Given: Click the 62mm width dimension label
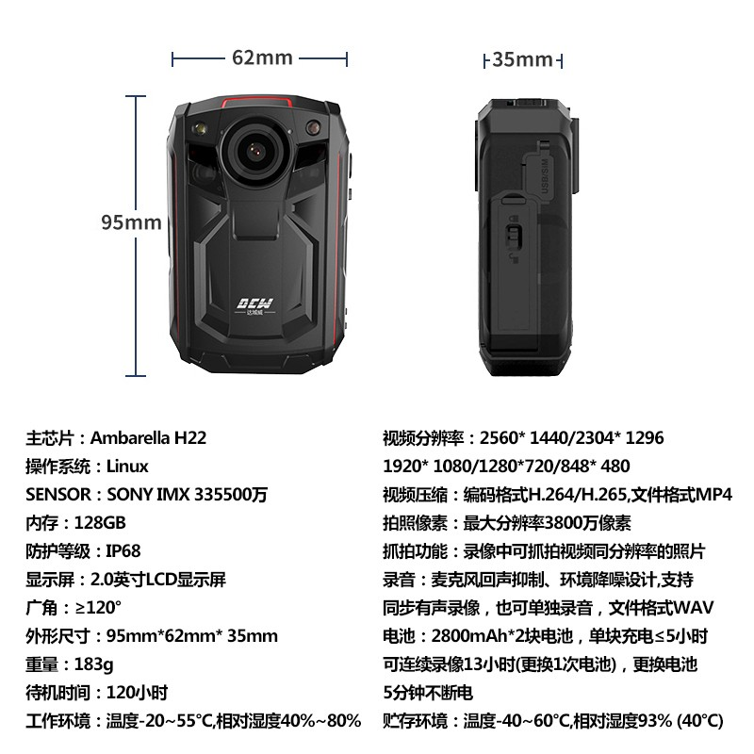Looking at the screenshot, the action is click(262, 57).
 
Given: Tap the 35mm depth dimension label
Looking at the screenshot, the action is click(523, 59).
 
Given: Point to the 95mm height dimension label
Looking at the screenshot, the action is click(131, 222).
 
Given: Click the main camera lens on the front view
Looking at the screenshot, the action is click(255, 150).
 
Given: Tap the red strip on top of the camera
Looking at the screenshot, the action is click(256, 102).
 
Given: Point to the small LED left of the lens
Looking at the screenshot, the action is click(199, 128).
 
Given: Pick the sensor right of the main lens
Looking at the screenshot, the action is click(313, 127).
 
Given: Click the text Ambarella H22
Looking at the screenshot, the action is click(148, 438).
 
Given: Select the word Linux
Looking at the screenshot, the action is click(127, 467).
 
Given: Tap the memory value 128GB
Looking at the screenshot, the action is click(100, 523).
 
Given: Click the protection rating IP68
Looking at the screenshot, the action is click(123, 551).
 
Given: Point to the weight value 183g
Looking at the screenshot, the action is click(94, 664).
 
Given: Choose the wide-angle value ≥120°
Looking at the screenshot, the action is click(98, 608).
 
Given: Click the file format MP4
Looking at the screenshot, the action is click(713, 494).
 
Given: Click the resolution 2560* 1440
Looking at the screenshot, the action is click(523, 438).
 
